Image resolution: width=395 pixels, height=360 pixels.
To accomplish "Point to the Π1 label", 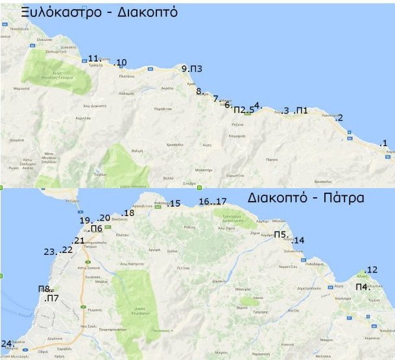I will (x=302, y=111).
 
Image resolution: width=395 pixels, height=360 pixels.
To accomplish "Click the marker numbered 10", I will (x=120, y=63).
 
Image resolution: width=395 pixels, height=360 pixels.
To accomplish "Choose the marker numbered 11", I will (x=94, y=58).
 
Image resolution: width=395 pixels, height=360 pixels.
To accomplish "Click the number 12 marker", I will (x=371, y=270).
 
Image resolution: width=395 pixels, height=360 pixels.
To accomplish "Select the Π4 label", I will (x=362, y=286).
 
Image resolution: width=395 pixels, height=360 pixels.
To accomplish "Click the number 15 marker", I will (x=174, y=204).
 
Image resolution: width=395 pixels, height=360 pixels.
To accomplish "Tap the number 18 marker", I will (x=128, y=213).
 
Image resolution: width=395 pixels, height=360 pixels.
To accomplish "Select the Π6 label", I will (x=97, y=228).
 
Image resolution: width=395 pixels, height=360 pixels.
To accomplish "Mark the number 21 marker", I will (x=78, y=241).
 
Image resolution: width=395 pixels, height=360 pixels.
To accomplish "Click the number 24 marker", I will (x=6, y=344).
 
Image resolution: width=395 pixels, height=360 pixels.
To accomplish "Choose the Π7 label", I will (x=51, y=299).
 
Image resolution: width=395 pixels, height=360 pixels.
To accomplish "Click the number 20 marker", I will (x=104, y=218).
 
